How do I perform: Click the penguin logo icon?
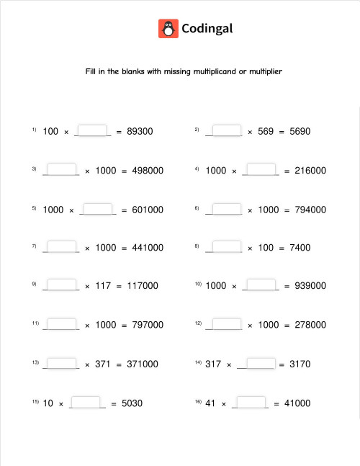pyautogui.click(x=168, y=29)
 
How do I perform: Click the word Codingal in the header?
pyautogui.click(x=207, y=29)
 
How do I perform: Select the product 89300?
pyautogui.click(x=140, y=132)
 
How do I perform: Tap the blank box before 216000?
pyautogui.click(x=261, y=169)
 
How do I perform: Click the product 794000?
pyautogui.click(x=310, y=210)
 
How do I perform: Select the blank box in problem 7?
pyautogui.click(x=62, y=246)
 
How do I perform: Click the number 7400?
pyautogui.click(x=300, y=248)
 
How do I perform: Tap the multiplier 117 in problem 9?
pyautogui.click(x=103, y=286)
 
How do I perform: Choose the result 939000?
pyautogui.click(x=310, y=286)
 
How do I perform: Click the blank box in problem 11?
pyautogui.click(x=62, y=323)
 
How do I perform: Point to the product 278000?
pyautogui.click(x=310, y=325)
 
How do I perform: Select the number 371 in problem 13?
pyautogui.click(x=103, y=364)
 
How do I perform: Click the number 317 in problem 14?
pyautogui.click(x=213, y=364)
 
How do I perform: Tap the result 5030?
pyautogui.click(x=132, y=403)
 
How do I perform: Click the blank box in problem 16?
pyautogui.click(x=251, y=402)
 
